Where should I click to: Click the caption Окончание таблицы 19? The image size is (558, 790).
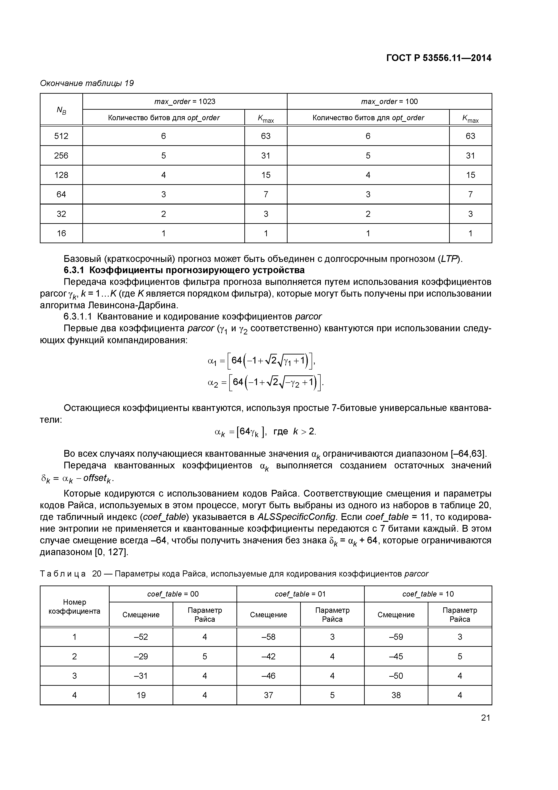coord(87,83)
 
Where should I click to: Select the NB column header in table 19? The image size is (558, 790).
coord(61,110)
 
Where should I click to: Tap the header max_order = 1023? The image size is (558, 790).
coord(185,102)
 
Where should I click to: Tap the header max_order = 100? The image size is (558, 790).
coord(389,102)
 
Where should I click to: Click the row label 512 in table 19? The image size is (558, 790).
coord(61,136)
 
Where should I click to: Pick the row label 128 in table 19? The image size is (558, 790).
coord(61,175)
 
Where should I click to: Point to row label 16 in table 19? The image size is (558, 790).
coord(61,233)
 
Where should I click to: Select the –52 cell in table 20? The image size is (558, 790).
coord(141,637)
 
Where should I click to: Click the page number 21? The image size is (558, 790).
coord(485,718)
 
